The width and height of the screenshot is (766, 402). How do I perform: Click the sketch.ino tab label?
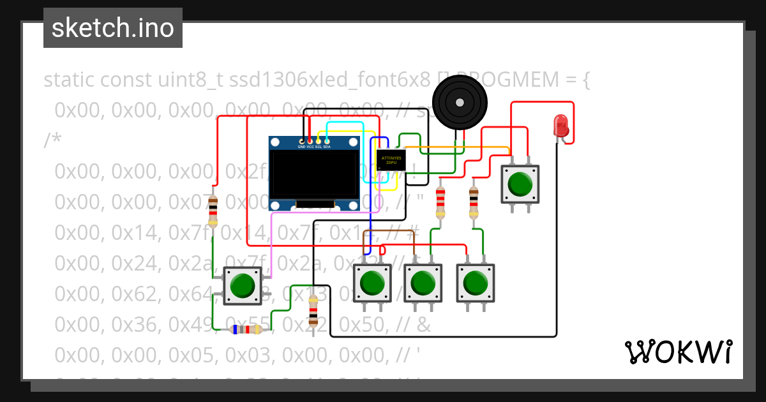point(113,28)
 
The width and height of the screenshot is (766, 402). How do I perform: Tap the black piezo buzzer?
point(460,102)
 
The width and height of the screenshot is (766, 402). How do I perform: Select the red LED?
point(560,126)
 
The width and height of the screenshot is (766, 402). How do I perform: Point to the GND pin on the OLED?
point(302,141)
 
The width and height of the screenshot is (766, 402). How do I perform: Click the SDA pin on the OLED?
point(327,141)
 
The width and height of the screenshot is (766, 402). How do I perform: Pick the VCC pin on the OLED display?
point(310,141)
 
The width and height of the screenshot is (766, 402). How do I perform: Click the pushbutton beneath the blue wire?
point(372,283)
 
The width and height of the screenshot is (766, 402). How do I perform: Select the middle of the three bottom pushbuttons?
point(423,283)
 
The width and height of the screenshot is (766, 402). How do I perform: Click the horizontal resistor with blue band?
point(246,329)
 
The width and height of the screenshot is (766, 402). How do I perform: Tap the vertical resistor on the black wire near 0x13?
point(313,311)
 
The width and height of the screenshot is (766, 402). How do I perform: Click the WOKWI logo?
point(679,352)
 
